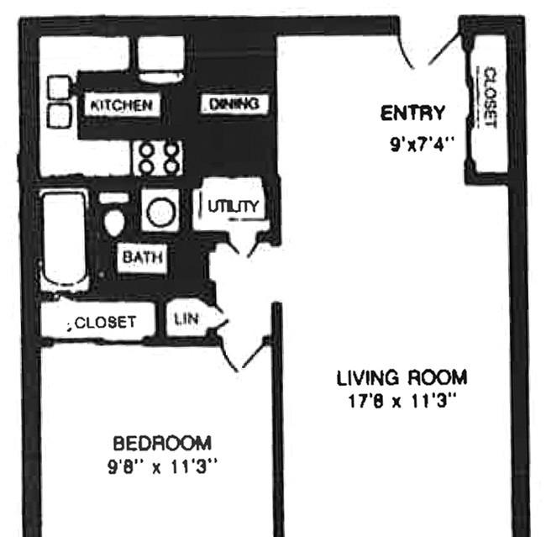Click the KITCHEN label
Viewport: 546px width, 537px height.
click(121, 105)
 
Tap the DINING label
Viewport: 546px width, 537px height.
click(234, 103)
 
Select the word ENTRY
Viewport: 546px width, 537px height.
click(412, 113)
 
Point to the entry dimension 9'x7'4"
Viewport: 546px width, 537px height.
click(422, 144)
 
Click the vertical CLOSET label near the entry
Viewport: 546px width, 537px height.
click(490, 97)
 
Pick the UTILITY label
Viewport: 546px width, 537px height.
click(234, 206)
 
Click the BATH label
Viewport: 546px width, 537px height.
click(143, 257)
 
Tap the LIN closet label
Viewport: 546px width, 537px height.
click(186, 319)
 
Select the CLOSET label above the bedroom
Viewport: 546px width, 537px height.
click(105, 323)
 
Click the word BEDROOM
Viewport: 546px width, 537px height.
click(162, 443)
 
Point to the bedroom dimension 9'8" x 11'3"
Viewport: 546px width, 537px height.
click(162, 466)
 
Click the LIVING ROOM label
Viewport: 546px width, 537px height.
click(402, 377)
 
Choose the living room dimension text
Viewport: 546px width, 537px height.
click(402, 400)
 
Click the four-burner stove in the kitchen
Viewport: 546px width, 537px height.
click(159, 159)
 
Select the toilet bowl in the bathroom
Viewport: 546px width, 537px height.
click(114, 222)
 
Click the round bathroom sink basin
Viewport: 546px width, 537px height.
click(160, 212)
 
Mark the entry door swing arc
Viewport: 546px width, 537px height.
click(406, 52)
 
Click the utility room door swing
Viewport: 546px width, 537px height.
click(233, 243)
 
